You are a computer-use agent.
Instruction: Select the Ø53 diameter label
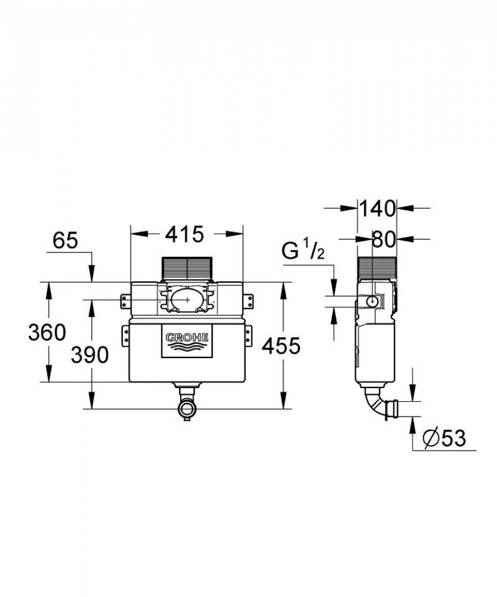tap(444, 438)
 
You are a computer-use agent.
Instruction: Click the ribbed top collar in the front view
tap(186, 269)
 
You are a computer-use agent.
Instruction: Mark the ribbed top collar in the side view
tap(376, 269)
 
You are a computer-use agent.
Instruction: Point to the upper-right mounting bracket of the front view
tap(248, 301)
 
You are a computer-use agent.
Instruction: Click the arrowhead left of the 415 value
tap(137, 234)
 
